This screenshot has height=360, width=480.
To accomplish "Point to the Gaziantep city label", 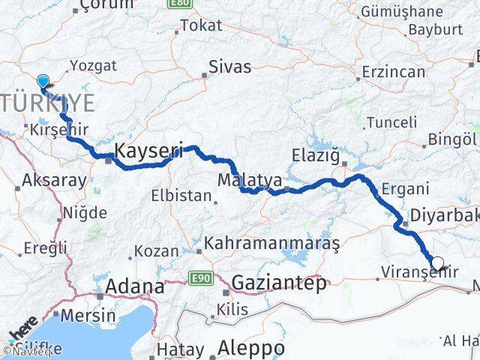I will tap(280, 283).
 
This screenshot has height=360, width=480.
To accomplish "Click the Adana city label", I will tap(134, 286).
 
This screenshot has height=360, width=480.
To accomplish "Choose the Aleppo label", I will tap(251, 349).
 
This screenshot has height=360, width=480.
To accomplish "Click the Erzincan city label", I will tap(393, 72).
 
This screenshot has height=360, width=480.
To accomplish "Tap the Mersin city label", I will tap(88, 315).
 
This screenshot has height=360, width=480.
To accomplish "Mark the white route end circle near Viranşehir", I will tap(438, 263).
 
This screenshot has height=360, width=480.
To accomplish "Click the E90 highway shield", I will tap(199, 277).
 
